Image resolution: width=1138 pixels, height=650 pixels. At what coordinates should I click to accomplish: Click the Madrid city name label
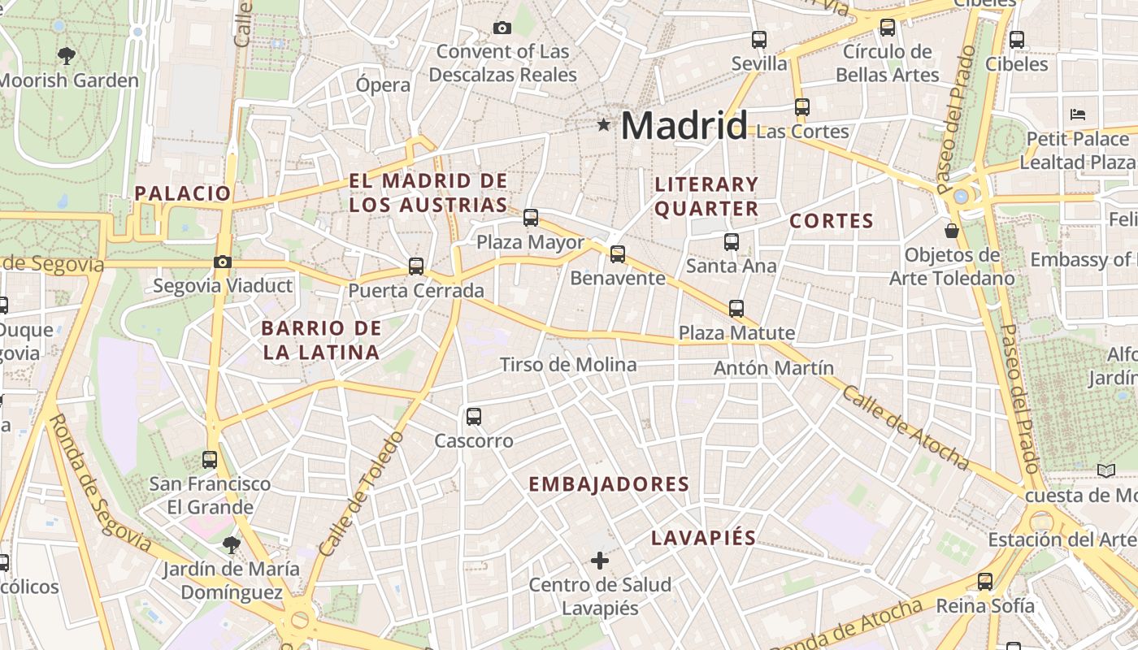pos(684,126)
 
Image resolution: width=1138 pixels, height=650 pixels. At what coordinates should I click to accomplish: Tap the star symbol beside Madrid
pos(603,125)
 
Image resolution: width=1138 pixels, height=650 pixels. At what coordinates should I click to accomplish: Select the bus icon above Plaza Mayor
pos(531,217)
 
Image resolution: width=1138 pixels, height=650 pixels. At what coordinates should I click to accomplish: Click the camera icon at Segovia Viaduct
pos(222,262)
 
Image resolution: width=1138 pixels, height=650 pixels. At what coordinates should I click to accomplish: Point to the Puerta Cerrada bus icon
pos(416,266)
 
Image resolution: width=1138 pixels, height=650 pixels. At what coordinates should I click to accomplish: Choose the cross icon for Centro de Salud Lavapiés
pos(600,560)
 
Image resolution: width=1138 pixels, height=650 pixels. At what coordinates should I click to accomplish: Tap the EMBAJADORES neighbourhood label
pos(609,484)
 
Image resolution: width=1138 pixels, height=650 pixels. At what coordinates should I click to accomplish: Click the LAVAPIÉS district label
pos(703,538)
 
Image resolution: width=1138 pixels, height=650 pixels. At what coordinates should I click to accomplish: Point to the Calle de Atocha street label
pos(905,427)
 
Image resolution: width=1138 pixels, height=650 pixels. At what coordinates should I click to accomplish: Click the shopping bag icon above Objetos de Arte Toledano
pos(952,231)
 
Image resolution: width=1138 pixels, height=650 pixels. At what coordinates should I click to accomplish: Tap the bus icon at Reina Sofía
pos(985,581)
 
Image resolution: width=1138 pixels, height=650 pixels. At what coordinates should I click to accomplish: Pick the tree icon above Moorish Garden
pos(67,56)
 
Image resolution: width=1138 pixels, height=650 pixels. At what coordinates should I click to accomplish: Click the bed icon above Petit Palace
pos(1078,114)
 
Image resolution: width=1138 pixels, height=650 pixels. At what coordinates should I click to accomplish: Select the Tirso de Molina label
pos(568,365)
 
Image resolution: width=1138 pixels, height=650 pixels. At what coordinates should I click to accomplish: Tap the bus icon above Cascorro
pos(474,417)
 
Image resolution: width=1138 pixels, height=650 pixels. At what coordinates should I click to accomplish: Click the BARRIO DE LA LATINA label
pos(321,340)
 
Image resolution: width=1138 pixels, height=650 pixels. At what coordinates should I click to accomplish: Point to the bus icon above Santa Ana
pos(732,241)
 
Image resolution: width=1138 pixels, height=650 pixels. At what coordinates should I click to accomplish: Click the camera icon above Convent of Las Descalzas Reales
pos(502,28)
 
